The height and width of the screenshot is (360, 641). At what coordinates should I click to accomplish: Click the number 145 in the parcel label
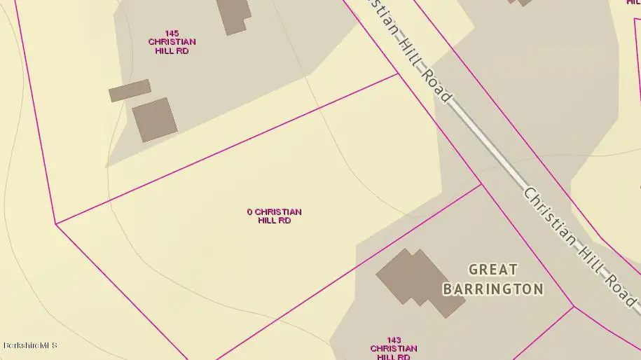click(172, 33)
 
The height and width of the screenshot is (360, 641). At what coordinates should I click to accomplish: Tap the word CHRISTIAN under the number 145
click(172, 42)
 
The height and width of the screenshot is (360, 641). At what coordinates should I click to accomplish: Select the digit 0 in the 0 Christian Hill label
click(249, 212)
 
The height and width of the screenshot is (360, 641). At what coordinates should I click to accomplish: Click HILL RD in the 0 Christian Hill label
click(275, 220)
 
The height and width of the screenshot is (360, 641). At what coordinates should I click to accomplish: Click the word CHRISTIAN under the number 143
click(393, 348)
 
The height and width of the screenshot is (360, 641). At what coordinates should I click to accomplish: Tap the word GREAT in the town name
click(493, 270)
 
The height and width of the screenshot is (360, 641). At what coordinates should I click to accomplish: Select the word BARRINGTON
click(493, 289)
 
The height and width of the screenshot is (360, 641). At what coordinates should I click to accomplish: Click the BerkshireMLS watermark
click(30, 345)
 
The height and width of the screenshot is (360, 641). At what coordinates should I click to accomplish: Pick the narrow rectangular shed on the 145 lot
click(130, 90)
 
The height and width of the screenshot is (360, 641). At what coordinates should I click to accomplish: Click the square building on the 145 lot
click(155, 120)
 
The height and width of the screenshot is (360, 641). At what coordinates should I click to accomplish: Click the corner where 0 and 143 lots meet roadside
click(481, 184)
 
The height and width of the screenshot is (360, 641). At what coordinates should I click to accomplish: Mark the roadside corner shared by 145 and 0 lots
click(399, 74)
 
